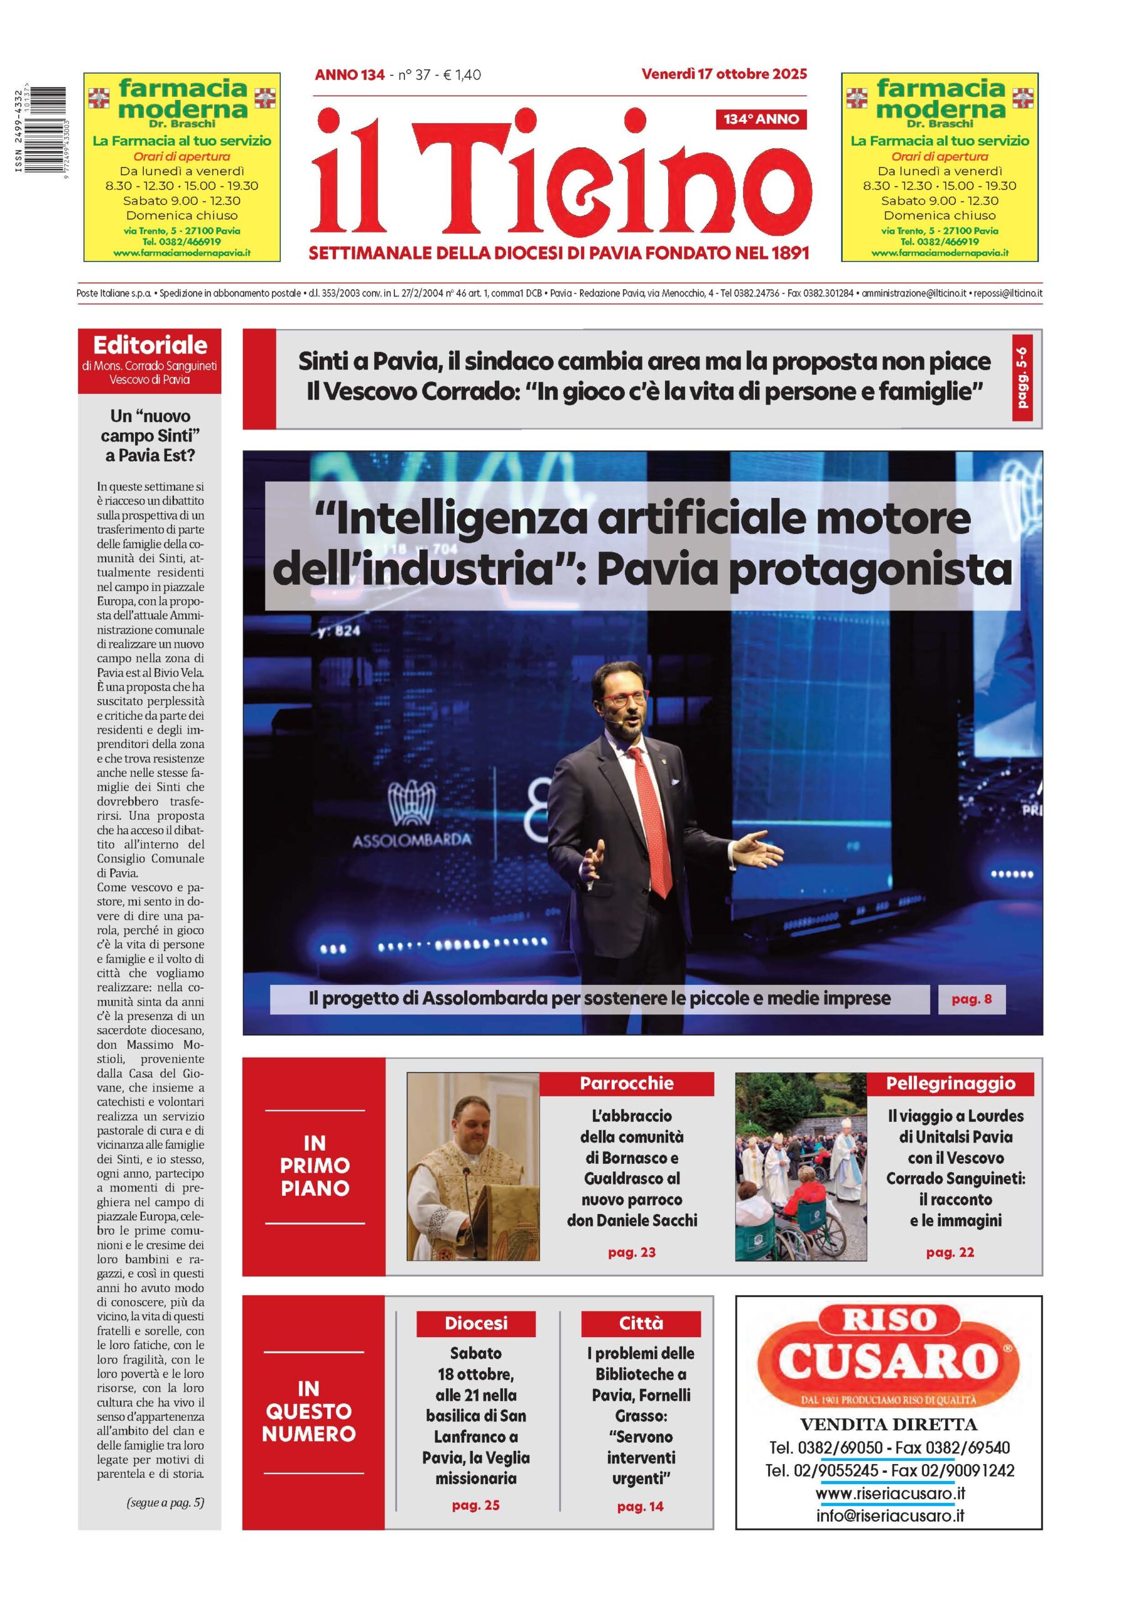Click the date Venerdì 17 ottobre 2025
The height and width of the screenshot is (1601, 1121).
[723, 74]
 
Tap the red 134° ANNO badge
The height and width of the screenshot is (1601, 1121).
[760, 119]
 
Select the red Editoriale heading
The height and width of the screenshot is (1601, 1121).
[150, 345]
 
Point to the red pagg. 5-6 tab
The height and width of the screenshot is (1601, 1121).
[1022, 378]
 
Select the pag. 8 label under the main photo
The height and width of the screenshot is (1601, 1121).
[971, 999]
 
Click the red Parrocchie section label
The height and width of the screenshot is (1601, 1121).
[626, 1083]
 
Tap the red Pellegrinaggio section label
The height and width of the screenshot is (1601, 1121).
[950, 1083]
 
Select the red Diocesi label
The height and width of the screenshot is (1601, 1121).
[476, 1323]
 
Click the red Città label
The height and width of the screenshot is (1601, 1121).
[641, 1323]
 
